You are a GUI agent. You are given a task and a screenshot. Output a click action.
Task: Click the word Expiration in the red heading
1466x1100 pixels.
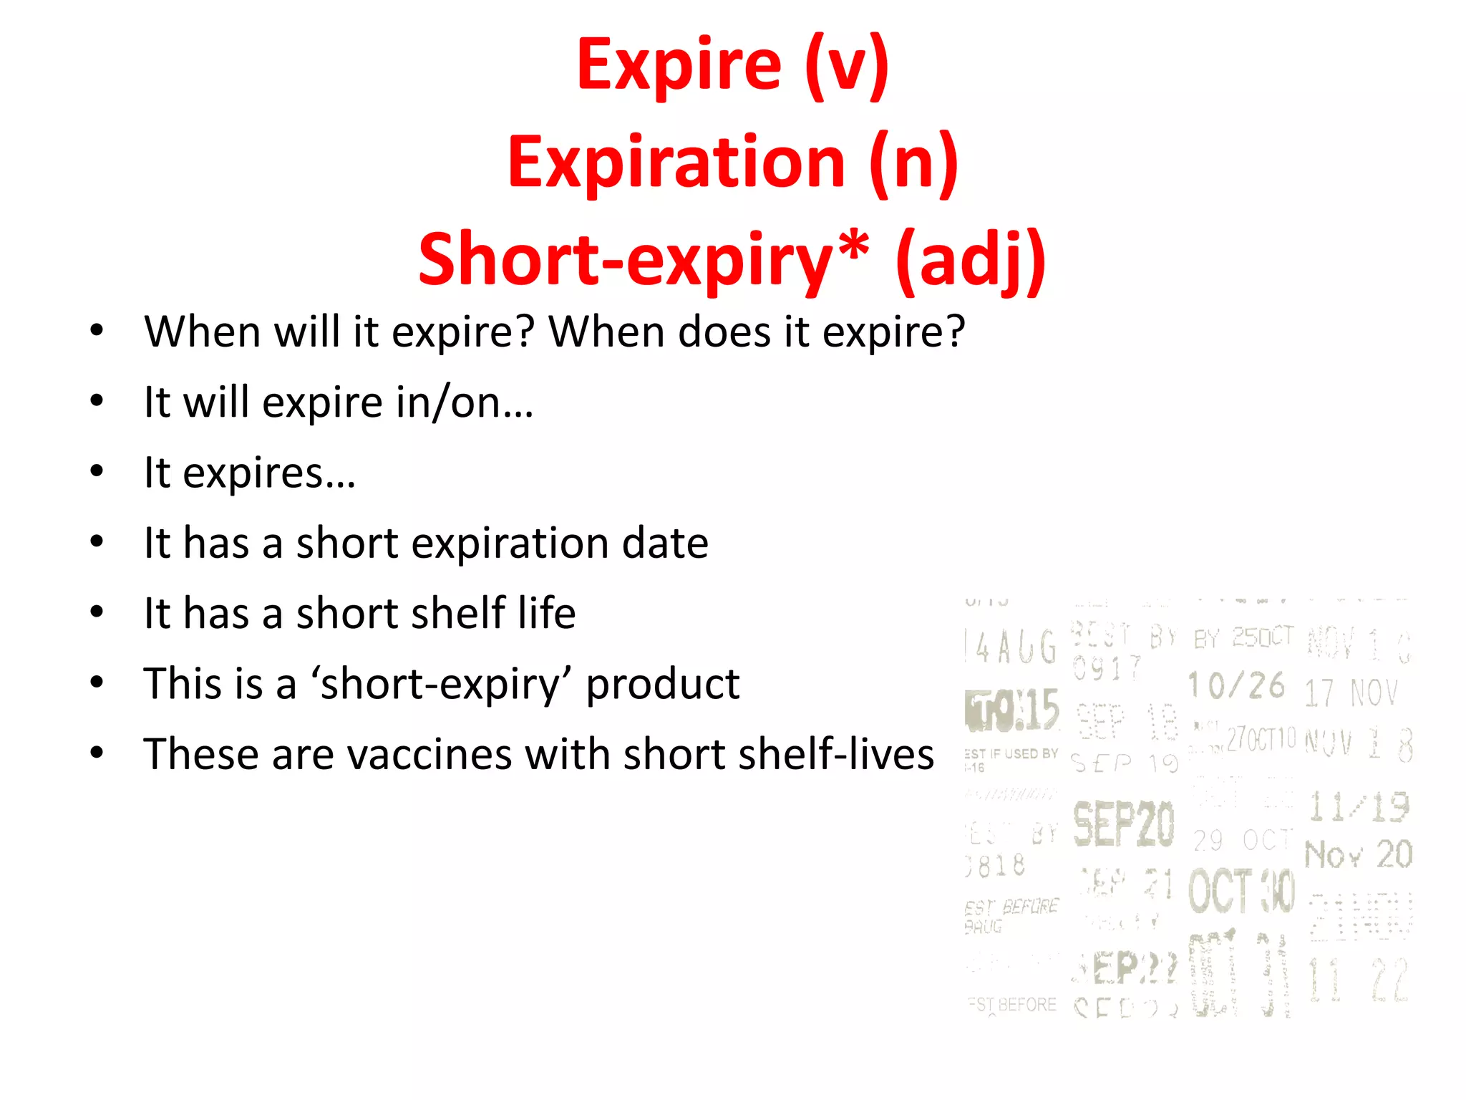pyautogui.click(x=676, y=163)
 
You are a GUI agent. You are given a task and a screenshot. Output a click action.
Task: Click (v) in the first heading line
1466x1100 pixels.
pyautogui.click(x=846, y=66)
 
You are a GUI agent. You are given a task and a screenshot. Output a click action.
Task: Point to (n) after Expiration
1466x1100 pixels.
pyautogui.click(x=913, y=163)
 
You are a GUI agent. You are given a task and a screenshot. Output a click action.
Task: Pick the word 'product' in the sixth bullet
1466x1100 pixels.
pyautogui.click(x=662, y=684)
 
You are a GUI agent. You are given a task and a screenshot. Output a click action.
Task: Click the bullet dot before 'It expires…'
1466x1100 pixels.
pyautogui.click(x=97, y=471)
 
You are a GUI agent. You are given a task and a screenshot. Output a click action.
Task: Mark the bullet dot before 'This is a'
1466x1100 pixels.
pyautogui.click(x=97, y=682)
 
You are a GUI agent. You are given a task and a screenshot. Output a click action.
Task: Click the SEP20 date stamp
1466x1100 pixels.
pyautogui.click(x=1123, y=824)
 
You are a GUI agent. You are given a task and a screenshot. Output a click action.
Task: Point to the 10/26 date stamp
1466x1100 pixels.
pyautogui.click(x=1236, y=685)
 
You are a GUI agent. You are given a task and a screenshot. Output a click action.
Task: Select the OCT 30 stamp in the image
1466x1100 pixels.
pyautogui.click(x=1242, y=892)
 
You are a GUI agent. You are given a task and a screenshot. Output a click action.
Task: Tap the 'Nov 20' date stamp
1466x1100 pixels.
pyautogui.click(x=1358, y=854)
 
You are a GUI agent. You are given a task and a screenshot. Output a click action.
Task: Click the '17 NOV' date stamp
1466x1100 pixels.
pyautogui.click(x=1350, y=693)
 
